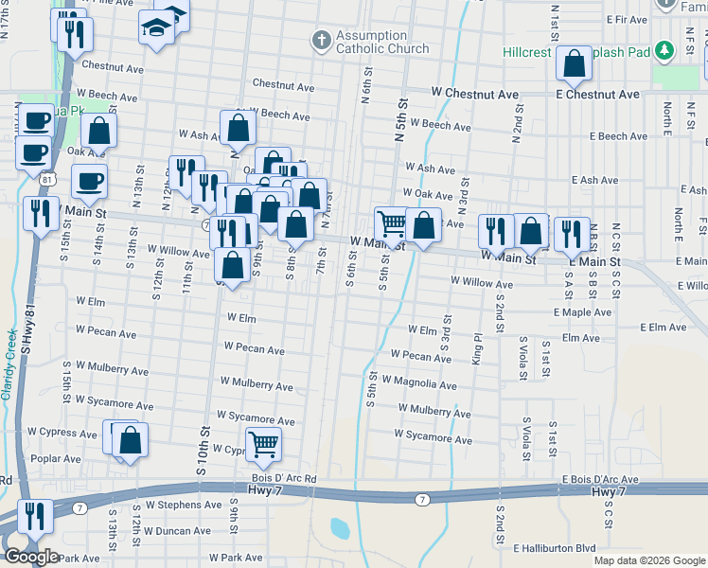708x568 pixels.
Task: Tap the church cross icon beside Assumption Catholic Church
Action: click(320, 41)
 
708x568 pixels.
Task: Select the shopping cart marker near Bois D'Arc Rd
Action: click(263, 443)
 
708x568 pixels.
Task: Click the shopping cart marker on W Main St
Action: click(392, 223)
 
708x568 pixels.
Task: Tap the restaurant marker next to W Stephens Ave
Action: click(35, 517)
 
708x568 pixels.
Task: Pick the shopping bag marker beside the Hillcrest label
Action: click(574, 64)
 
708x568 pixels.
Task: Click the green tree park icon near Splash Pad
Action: click(664, 49)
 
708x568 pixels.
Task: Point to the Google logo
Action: click(31, 557)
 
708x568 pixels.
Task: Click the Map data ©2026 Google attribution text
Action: click(649, 560)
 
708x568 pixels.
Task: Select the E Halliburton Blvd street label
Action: click(555, 548)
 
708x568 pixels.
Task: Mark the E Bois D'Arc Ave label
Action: click(599, 481)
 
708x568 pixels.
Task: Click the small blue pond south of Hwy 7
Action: click(340, 527)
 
